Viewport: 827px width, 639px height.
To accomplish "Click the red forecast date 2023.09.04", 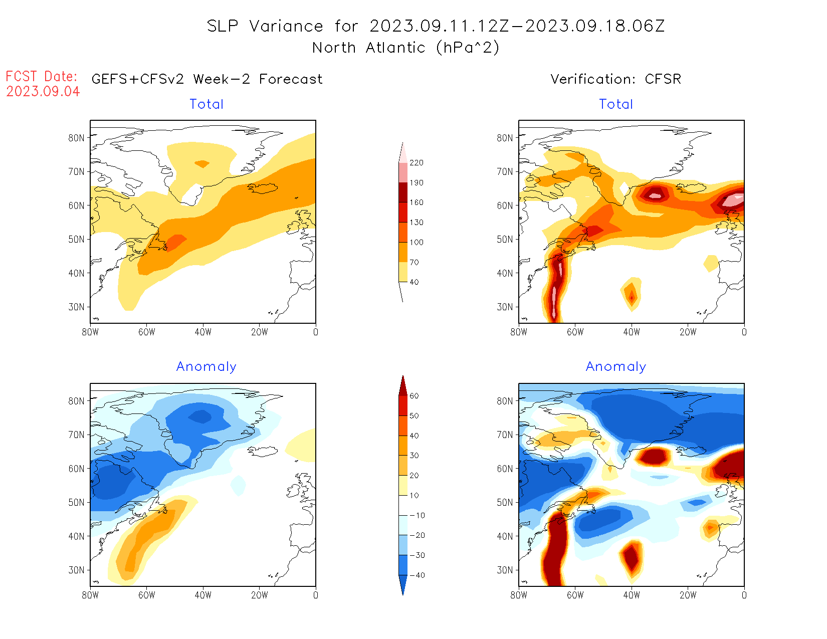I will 43,92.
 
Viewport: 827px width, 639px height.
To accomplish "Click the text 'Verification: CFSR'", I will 615,79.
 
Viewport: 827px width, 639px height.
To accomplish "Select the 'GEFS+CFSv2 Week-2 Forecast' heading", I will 207,79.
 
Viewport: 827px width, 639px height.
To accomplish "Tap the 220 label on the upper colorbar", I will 416,163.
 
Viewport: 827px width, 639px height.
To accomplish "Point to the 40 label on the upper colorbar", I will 414,282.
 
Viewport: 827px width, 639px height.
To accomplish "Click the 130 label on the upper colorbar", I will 416,223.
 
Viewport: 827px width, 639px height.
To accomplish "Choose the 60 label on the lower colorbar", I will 414,396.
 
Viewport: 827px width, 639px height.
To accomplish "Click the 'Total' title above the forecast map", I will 206,104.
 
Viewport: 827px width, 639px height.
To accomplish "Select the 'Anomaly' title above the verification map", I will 616,367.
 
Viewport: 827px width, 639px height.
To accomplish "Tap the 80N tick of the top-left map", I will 76,138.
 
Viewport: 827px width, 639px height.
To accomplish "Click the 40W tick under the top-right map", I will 632,332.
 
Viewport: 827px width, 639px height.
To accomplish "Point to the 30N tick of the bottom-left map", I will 76,570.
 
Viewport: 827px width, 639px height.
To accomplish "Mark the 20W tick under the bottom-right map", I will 688,595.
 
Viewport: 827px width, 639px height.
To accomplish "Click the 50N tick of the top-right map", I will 505,239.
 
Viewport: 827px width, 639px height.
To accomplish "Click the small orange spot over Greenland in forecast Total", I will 202,164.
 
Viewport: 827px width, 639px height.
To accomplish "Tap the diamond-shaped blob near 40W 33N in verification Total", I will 632,294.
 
